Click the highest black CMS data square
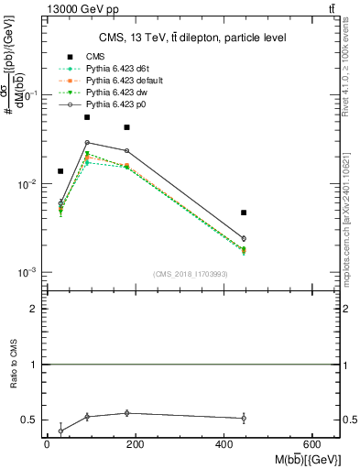(x=87, y=117)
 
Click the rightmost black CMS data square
(x=244, y=213)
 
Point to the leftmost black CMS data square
(x=60, y=171)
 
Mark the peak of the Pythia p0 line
(x=87, y=142)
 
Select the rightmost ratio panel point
(x=244, y=418)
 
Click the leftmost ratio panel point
(x=60, y=431)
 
